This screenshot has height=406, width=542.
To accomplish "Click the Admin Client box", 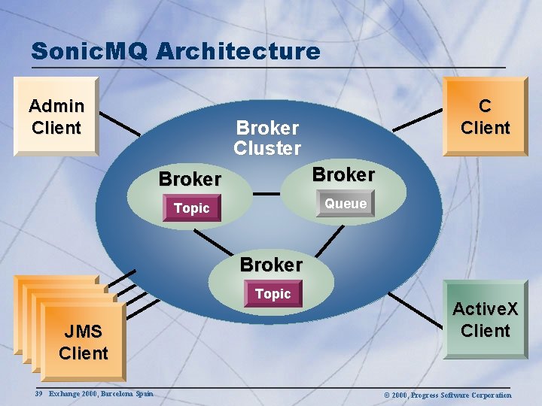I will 56,117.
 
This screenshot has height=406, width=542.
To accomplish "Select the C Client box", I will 485,117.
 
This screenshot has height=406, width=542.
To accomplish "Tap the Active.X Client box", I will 485,319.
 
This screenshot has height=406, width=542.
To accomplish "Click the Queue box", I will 346,204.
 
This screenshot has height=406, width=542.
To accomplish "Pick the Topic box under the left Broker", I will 192,208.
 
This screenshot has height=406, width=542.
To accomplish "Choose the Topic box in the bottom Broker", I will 273,294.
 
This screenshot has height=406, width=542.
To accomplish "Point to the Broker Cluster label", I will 267,138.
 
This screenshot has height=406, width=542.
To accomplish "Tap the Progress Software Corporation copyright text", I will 447,395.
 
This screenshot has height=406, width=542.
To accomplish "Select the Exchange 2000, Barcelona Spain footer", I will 101,393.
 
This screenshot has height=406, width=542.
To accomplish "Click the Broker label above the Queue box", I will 343,174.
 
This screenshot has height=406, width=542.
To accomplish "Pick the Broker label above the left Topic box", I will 190,179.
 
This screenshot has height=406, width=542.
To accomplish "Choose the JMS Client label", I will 83,342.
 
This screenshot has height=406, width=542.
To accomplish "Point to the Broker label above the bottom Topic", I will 271,265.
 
